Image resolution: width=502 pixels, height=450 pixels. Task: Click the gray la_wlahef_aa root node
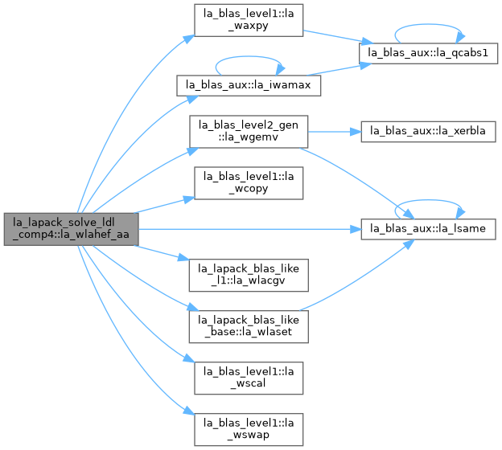pos(71,229)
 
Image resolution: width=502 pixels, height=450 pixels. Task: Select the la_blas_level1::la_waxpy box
pos(249,20)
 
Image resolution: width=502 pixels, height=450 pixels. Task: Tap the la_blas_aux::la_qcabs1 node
pos(428,53)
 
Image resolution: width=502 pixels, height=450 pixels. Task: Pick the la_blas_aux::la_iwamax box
pos(249,85)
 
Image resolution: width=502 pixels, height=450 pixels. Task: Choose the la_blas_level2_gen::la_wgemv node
pos(249,132)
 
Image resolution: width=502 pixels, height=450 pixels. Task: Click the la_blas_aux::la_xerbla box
pos(428,132)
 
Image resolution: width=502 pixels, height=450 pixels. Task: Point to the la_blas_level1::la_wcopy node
pos(249,183)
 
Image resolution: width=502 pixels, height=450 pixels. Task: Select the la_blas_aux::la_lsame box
pos(428,229)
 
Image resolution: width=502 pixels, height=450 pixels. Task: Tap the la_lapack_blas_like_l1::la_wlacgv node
pos(249,275)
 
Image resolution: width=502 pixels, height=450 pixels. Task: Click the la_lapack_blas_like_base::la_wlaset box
pos(249,326)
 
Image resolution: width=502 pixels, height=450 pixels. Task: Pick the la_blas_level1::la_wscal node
pos(249,378)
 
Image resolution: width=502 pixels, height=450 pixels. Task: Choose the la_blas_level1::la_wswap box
pos(249,430)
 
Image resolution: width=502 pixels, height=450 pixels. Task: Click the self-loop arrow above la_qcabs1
pos(428,24)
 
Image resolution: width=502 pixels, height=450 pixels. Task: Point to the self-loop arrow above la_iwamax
pos(249,56)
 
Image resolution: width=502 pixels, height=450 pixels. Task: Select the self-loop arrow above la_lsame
pos(428,200)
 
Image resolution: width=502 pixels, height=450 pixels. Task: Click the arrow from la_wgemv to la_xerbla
pos(335,132)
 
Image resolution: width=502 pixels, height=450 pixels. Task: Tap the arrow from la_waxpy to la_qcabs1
pos(338,37)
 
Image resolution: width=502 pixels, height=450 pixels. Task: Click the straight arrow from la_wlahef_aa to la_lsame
pos(249,229)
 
